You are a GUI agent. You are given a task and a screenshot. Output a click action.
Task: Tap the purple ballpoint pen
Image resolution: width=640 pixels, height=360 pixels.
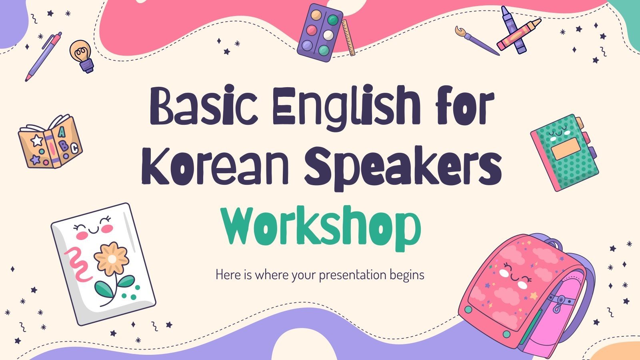tap(44, 56)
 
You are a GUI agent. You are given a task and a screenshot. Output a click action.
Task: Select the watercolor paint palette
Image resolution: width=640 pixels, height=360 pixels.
tap(320, 32)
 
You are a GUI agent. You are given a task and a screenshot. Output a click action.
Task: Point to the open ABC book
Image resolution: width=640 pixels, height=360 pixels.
tap(50, 142)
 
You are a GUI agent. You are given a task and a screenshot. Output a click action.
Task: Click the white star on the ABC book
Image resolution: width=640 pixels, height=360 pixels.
tap(37, 140)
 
